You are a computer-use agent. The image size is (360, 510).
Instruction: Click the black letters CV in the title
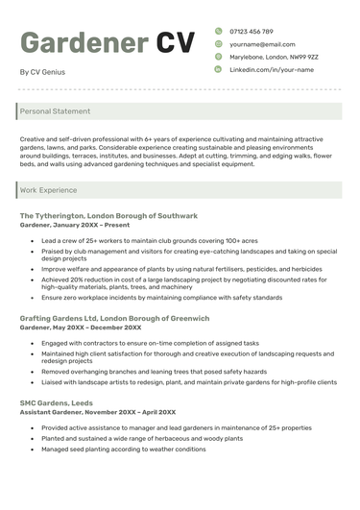[176, 43]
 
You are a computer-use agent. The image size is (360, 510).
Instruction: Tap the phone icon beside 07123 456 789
[218, 32]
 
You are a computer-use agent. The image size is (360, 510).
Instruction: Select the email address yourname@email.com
[262, 44]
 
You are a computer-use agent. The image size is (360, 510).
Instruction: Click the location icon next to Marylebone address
[218, 57]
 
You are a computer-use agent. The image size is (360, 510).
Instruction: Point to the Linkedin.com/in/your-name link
[272, 70]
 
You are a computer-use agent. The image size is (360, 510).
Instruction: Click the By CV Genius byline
[42, 72]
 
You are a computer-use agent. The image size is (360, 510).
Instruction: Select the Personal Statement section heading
[55, 111]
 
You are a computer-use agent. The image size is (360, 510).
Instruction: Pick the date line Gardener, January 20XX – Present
[75, 225]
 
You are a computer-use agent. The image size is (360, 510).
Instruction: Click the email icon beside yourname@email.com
[218, 44]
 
